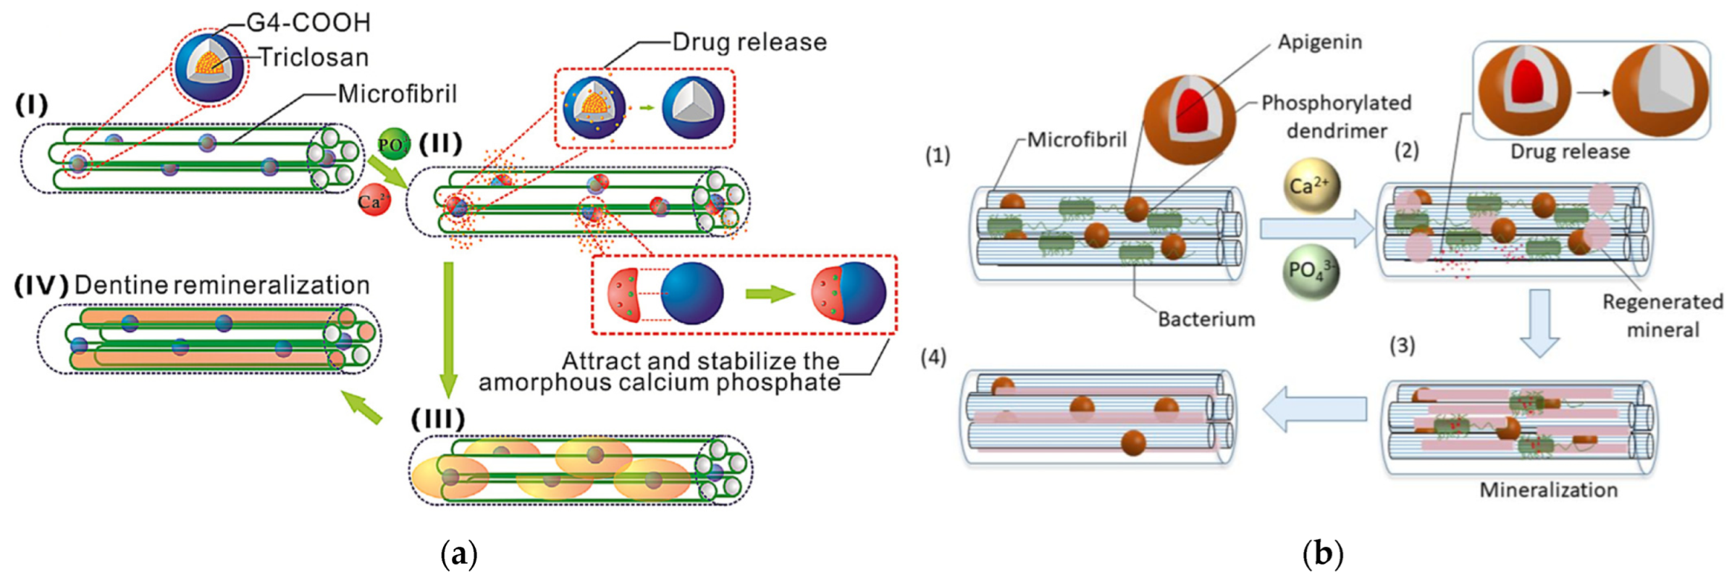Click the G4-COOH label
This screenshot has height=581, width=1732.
click(308, 22)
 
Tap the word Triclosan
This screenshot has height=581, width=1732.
click(314, 57)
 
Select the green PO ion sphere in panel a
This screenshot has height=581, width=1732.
click(393, 144)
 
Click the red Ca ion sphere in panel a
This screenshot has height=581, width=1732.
click(374, 201)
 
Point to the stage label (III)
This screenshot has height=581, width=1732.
click(437, 418)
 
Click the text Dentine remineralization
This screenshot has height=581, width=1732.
click(222, 285)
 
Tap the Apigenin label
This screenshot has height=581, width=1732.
click(1319, 42)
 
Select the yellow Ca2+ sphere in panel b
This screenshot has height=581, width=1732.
click(1310, 186)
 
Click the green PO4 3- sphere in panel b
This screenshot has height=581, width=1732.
click(1310, 272)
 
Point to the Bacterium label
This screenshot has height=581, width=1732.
click(1206, 319)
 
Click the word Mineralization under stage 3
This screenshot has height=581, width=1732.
click(1548, 490)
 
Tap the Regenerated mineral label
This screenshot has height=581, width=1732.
click(1662, 315)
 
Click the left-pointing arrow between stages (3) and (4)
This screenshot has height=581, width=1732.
click(1314, 409)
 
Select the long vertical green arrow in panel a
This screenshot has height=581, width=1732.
click(449, 330)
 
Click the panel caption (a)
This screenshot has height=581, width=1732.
click(459, 554)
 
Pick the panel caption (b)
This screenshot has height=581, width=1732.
click(1322, 554)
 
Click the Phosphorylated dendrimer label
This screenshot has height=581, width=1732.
click(1336, 117)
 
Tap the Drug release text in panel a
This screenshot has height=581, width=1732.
click(749, 42)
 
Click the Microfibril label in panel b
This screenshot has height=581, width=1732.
click(1077, 139)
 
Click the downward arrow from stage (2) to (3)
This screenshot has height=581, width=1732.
click(1539, 322)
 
